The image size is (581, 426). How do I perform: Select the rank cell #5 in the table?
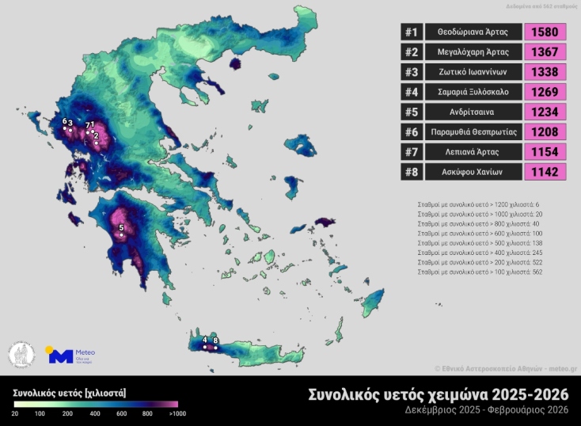pos(411,112)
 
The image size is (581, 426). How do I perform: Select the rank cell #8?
pos(411,172)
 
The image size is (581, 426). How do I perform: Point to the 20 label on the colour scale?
pos(15,413)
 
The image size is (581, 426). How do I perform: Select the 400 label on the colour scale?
pos(94,413)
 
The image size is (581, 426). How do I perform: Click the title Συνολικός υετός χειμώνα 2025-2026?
pos(437,394)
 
